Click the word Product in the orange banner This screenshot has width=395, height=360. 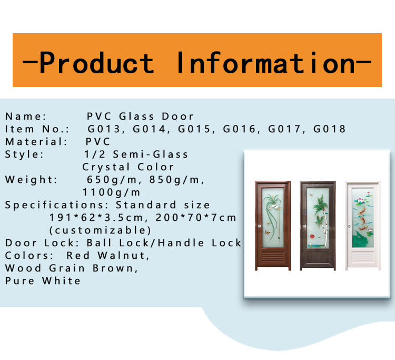point(96,63)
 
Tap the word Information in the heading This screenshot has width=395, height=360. point(265,63)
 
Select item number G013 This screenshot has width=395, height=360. point(104,129)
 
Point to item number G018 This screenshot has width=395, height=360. point(329,129)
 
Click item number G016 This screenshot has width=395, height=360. point(239,129)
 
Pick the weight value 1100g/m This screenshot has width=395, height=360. point(111,192)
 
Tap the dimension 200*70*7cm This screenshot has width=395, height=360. point(196,218)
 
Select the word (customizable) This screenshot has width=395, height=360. point(100,230)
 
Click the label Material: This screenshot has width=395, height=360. point(36,142)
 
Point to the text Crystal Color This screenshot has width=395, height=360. point(128,167)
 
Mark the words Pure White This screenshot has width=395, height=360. point(43,281)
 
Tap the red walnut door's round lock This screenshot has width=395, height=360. point(260,226)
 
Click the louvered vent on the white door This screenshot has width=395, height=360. point(362,258)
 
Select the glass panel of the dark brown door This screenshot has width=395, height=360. point(318,218)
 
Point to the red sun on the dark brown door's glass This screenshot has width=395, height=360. point(312,237)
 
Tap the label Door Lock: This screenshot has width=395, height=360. point(42,243)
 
